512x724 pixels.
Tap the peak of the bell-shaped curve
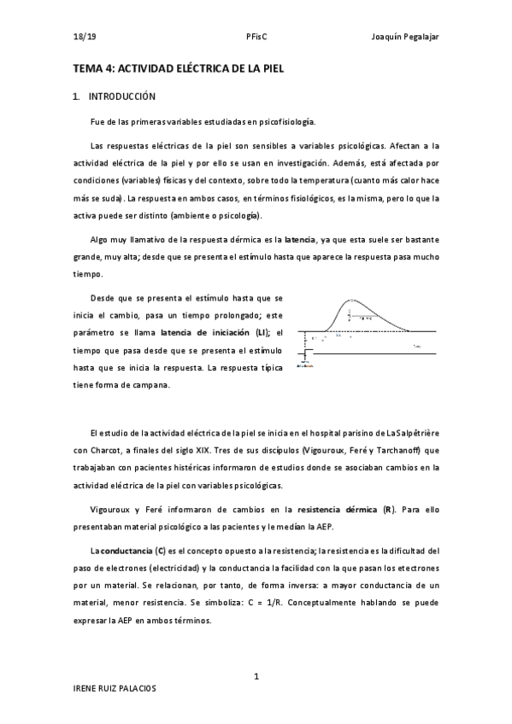[350, 301]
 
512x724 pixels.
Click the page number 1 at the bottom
[256, 676]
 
